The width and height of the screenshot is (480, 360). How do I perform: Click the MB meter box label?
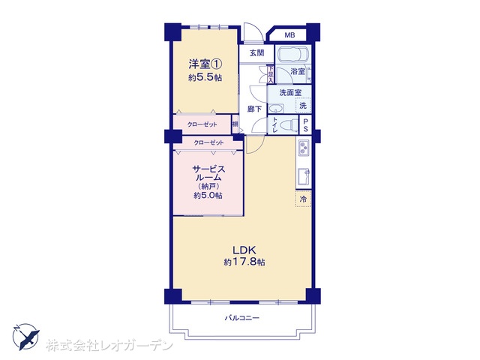click(x=289, y=35)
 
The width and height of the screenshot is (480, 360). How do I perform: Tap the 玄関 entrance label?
click(x=256, y=53)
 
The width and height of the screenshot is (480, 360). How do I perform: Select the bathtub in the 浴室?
click(x=293, y=55)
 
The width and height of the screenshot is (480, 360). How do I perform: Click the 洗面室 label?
click(x=289, y=92)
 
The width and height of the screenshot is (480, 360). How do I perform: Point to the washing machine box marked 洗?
click(x=303, y=106)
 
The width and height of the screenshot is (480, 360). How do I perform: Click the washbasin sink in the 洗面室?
click(x=276, y=108)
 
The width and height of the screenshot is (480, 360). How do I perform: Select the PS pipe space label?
click(x=305, y=125)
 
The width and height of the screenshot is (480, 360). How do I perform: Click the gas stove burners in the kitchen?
click(x=304, y=148)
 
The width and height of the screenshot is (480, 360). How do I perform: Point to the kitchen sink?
click(x=304, y=177)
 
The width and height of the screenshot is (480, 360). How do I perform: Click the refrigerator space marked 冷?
click(x=303, y=199)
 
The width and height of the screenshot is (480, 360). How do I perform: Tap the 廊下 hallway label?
click(x=254, y=109)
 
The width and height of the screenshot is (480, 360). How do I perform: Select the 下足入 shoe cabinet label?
click(x=271, y=73)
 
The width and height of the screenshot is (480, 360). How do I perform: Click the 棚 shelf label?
click(x=235, y=124)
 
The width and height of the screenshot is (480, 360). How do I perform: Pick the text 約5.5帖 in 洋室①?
click(x=205, y=77)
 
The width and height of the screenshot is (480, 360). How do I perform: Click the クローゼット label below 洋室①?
click(x=202, y=124)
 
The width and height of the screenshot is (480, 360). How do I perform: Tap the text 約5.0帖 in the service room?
click(x=208, y=195)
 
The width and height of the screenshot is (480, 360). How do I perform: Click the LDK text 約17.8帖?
click(x=244, y=262)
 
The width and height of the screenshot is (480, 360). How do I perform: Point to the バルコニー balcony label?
click(x=242, y=318)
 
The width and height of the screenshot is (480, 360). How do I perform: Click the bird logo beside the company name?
click(x=26, y=337)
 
